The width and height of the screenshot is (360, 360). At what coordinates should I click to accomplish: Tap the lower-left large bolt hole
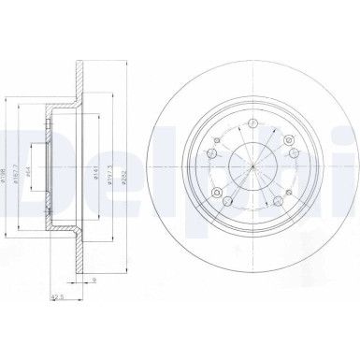(218, 195)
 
